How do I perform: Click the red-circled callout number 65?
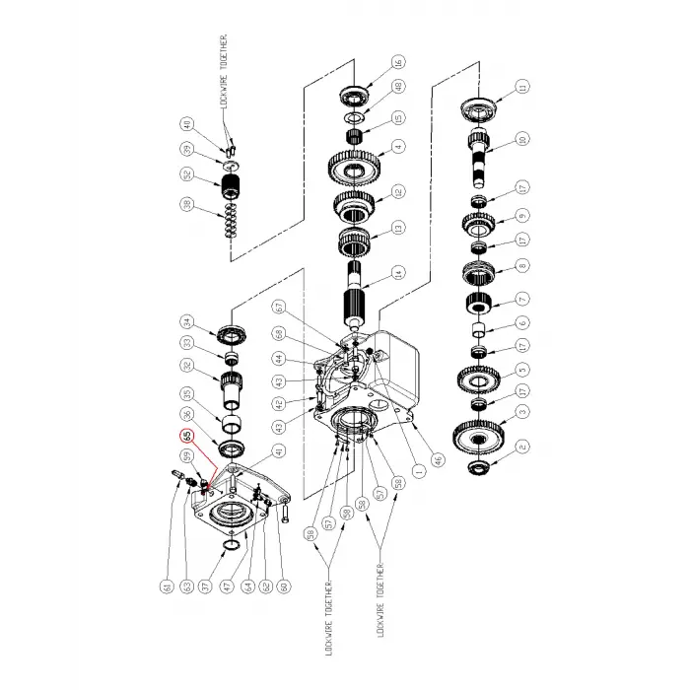pyautogui.click(x=185, y=435)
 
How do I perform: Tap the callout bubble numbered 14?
pyautogui.click(x=398, y=273)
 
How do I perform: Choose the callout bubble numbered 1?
pyautogui.click(x=420, y=471)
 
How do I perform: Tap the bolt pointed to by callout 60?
pyautogui.click(x=284, y=512)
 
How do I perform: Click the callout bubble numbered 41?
pyautogui.click(x=279, y=452)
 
